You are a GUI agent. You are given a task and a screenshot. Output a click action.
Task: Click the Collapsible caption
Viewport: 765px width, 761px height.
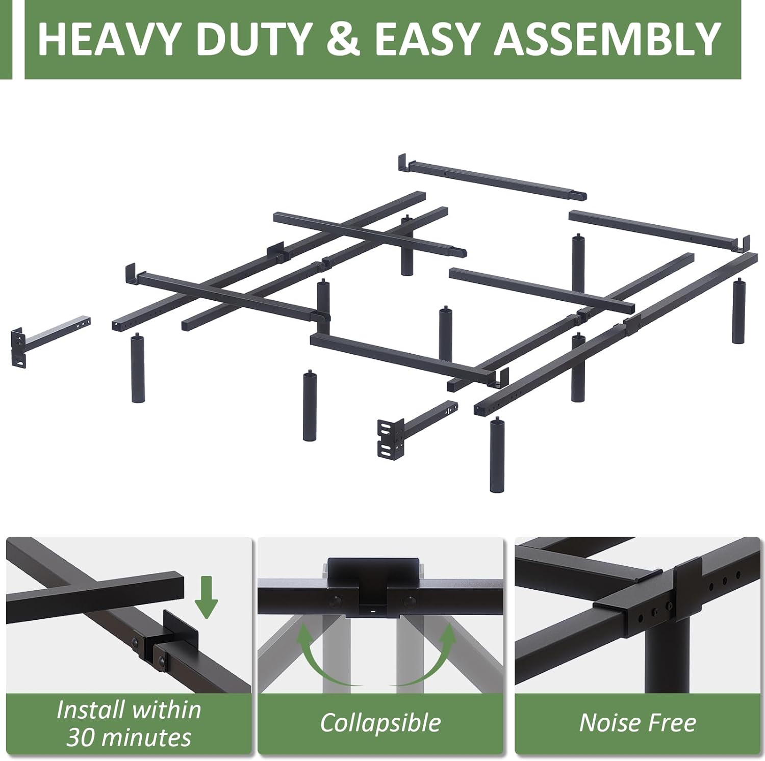click(380, 723)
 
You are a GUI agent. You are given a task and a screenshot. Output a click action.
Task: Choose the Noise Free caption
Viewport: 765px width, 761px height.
click(637, 723)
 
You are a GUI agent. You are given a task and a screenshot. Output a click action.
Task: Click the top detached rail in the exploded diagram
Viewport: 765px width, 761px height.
click(493, 177)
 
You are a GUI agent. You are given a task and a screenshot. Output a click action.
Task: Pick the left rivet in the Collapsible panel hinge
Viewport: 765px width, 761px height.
click(336, 600)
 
